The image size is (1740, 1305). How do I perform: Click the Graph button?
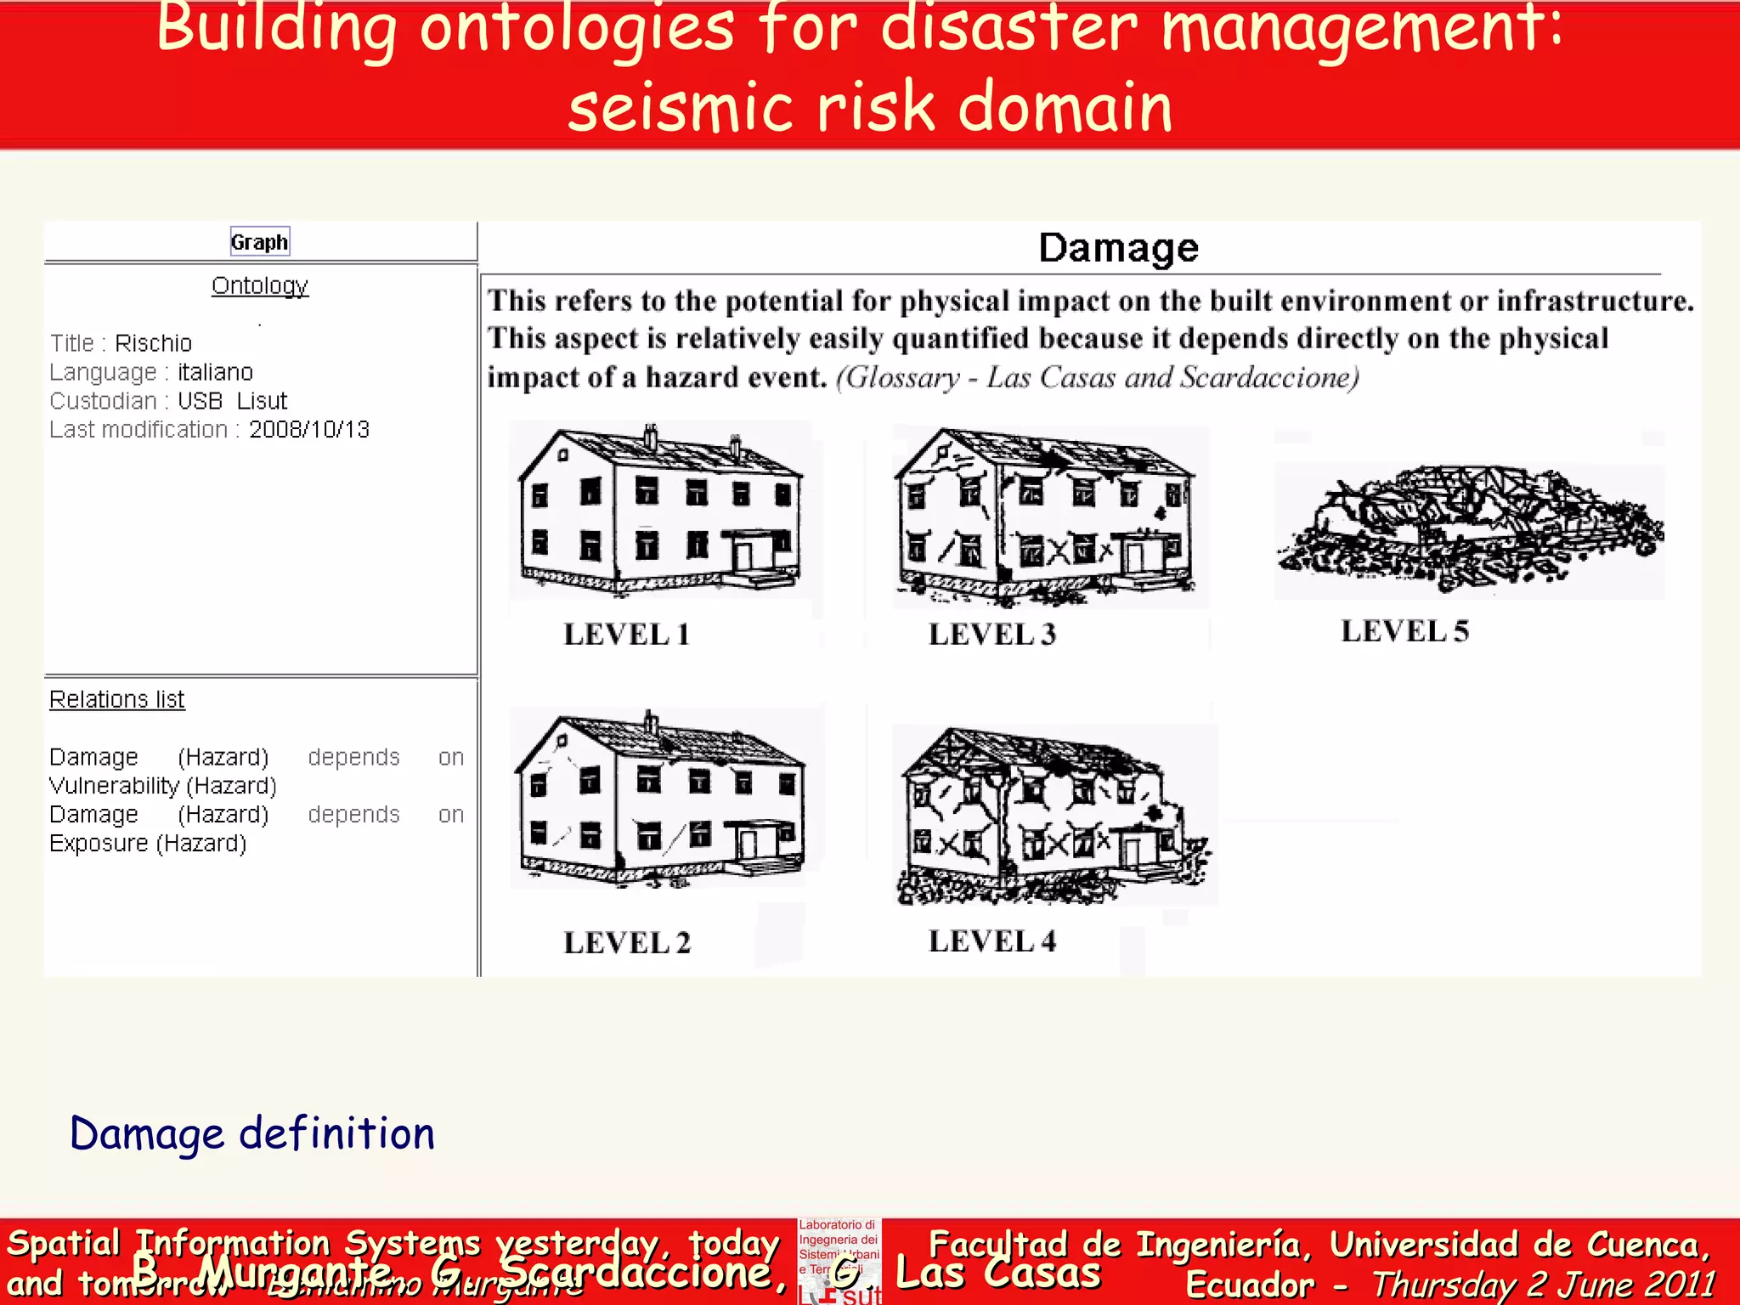tap(260, 242)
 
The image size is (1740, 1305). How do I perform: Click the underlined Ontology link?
tap(260, 285)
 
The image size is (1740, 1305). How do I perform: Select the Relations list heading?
tap(117, 699)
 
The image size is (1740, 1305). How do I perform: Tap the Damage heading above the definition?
tap(1118, 248)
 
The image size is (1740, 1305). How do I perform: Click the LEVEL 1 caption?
tap(627, 635)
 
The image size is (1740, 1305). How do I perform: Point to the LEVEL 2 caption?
tap(627, 943)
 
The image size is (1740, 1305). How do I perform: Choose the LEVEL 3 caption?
tap(992, 635)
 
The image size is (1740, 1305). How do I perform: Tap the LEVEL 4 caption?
tap(992, 941)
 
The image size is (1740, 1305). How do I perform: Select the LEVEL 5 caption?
tap(1404, 631)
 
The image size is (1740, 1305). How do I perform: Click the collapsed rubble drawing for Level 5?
tap(1468, 527)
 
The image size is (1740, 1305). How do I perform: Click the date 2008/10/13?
tap(309, 430)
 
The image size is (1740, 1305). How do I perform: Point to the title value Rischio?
tap(154, 343)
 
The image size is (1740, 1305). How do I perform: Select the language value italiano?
tap(215, 372)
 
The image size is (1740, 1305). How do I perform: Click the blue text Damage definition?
tap(252, 1134)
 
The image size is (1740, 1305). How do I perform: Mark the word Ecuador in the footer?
tap(1250, 1285)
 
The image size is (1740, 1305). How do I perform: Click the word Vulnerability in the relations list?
tap(114, 786)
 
